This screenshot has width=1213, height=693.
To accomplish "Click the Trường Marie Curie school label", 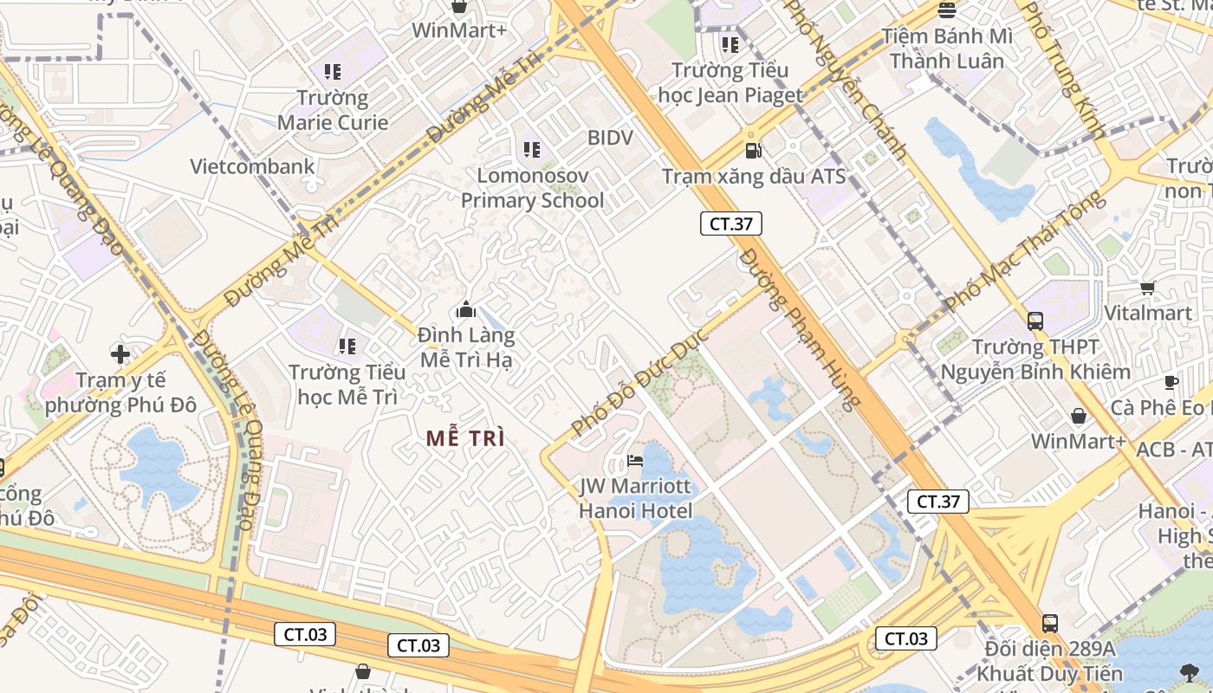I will coord(332,110).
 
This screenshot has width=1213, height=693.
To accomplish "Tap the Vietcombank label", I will coord(252,166).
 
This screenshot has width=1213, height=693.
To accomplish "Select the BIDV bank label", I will coord(610,138).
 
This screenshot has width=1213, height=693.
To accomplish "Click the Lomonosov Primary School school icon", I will coord(532,150).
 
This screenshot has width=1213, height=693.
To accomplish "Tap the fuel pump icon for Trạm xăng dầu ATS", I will coord(754,151).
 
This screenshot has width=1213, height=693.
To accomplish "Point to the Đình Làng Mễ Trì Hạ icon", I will coord(466,309).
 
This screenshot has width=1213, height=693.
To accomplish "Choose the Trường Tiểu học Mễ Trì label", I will coord(347,385).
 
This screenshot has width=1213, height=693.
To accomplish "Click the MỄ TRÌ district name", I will coord(465,438).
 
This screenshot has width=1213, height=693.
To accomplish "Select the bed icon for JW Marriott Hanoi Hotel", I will coord(635,460).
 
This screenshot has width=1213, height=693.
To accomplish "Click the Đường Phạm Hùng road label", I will coord(801,328).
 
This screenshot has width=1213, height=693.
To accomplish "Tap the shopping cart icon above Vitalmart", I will coord(1148,288).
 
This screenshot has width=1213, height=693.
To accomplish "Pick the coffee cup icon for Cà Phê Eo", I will coord(1171,382).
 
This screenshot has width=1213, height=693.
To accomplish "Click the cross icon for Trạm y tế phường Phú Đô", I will coord(120,353).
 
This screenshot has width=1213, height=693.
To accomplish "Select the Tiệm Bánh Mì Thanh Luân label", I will coord(946,49).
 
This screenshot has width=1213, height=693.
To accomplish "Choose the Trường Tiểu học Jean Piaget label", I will coord(730,82).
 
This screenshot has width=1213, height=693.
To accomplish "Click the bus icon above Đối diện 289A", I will coord(1050,623).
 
